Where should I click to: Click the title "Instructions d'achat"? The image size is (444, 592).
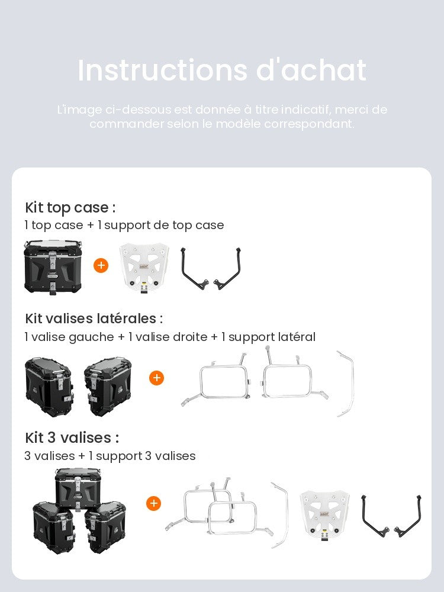(222, 70)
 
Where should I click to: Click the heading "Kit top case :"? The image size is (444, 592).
(70, 208)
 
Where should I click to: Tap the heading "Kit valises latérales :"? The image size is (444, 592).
(94, 318)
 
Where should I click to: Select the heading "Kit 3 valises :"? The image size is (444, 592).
(72, 438)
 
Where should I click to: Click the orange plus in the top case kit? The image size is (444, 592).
(101, 265)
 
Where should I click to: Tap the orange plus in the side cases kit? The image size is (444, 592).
(157, 378)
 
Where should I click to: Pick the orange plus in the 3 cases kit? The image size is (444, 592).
(154, 503)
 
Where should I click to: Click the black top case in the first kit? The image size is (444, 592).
(53, 267)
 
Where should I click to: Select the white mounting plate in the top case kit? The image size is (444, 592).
(144, 268)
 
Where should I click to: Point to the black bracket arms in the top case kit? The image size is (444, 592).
(211, 268)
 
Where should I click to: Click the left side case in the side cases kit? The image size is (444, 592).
(49, 387)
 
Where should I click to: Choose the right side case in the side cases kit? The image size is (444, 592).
(108, 387)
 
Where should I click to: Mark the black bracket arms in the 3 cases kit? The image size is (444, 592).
(391, 516)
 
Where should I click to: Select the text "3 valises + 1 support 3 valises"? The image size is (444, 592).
(110, 456)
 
